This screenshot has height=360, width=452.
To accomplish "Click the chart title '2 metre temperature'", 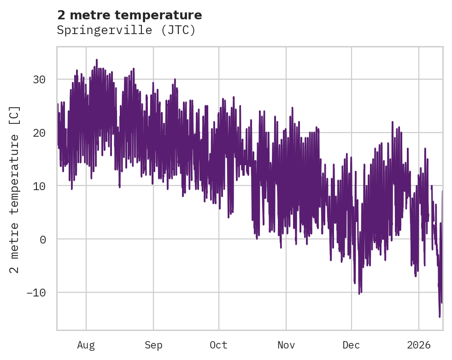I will point(129,15).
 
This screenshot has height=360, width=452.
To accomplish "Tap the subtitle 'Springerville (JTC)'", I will point(126,30).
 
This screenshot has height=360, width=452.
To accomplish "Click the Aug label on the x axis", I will point(86,345).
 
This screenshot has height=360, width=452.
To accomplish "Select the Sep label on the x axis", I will point(153,345).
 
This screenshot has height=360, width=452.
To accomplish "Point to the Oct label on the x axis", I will point(218,345).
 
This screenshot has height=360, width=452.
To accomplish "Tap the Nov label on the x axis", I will point(286,345).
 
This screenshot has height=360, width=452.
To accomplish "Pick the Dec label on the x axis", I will point(351,345).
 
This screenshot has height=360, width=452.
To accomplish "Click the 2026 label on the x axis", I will point(419,345).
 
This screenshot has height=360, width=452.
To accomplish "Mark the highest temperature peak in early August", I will point(96,60).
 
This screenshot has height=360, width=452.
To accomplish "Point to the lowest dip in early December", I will point(359,293).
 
